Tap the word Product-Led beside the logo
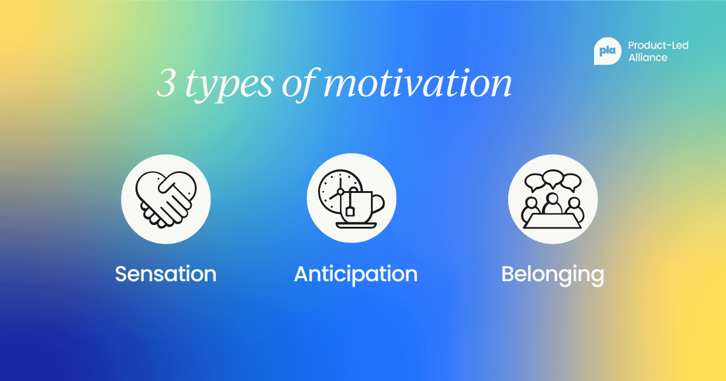(x=658, y=45)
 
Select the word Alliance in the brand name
(x=648, y=58)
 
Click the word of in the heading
(x=299, y=84)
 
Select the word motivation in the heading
(x=417, y=84)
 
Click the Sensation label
(x=166, y=274)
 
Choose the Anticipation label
(x=356, y=274)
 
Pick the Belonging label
(x=552, y=274)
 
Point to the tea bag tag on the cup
(x=351, y=211)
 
